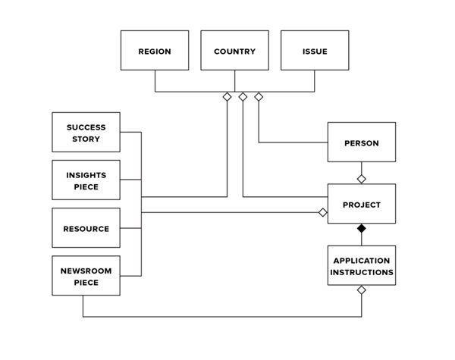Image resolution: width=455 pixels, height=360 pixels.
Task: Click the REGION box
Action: [155, 51]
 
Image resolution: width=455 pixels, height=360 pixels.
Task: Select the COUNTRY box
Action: [234, 51]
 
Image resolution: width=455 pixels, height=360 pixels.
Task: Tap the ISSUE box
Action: [315, 51]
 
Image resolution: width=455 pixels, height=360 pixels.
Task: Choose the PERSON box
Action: [361, 142]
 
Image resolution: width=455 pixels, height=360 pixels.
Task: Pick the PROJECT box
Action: [361, 204]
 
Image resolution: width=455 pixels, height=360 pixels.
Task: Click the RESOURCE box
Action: [86, 228]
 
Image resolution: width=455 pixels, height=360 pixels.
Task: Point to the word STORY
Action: [86, 139]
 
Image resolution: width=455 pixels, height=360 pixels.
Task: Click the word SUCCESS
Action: [86, 127]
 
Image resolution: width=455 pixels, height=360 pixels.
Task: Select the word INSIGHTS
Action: [86, 174]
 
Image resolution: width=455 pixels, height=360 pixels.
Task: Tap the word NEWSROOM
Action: [86, 271]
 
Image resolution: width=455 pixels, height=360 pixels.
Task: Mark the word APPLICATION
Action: [361, 260]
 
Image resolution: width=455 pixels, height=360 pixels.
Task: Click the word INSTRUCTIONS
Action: [361, 271]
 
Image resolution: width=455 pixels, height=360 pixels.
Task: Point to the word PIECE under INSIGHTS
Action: [86, 186]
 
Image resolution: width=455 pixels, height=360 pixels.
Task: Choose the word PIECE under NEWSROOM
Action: [86, 283]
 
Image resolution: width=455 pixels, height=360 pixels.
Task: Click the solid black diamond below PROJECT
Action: [362, 228]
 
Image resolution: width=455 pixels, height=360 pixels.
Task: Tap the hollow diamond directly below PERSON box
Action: [362, 179]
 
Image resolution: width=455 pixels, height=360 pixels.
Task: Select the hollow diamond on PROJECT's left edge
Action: [322, 213]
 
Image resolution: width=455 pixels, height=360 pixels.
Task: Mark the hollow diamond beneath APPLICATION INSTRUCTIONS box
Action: [362, 290]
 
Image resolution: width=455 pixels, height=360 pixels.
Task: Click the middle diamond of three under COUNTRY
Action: [243, 97]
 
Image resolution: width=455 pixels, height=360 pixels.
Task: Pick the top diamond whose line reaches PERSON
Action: [259, 97]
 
